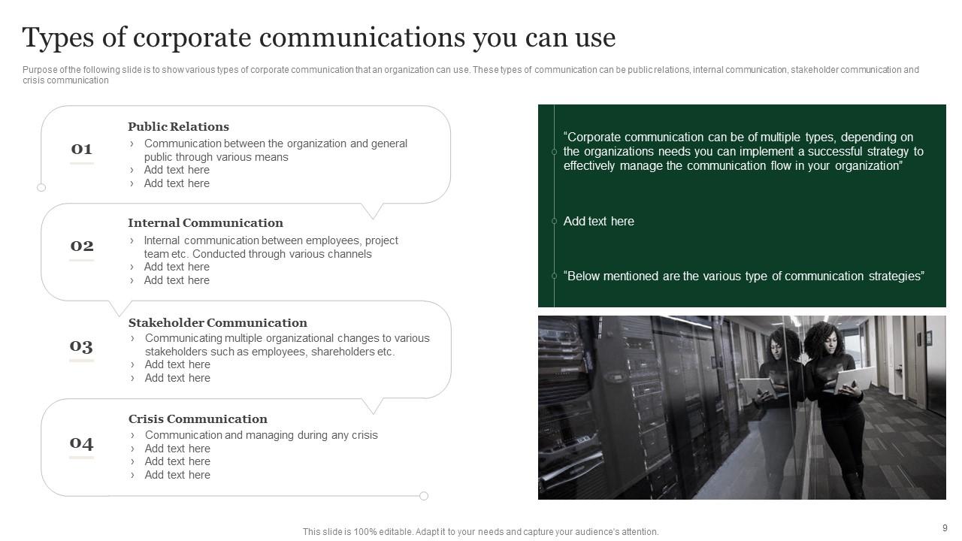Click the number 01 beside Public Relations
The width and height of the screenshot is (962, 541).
pyautogui.click(x=81, y=149)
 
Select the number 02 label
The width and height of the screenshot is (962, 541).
pyautogui.click(x=81, y=246)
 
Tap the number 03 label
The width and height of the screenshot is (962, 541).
pyautogui.click(x=81, y=346)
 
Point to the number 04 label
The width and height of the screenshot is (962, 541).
pyautogui.click(x=81, y=443)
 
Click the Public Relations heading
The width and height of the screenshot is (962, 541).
pyautogui.click(x=178, y=126)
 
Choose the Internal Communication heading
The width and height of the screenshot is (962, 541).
pyautogui.click(x=205, y=222)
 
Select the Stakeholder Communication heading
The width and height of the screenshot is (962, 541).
pyautogui.click(x=217, y=322)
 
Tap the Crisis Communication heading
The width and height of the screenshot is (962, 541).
pyautogui.click(x=198, y=419)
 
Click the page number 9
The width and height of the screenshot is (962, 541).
pyautogui.click(x=945, y=528)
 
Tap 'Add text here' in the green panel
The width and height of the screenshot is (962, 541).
pyautogui.click(x=598, y=221)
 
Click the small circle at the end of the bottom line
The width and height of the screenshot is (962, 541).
pyautogui.click(x=424, y=496)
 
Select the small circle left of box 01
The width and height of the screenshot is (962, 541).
pyautogui.click(x=41, y=188)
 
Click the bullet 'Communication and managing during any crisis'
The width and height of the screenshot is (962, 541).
pyautogui.click(x=261, y=435)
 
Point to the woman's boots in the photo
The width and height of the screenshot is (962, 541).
pyautogui.click(x=853, y=485)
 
